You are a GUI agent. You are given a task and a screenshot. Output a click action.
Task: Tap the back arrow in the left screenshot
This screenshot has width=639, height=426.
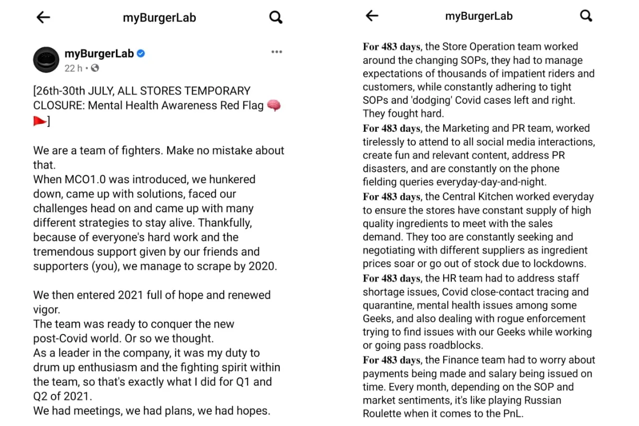tap(43, 17)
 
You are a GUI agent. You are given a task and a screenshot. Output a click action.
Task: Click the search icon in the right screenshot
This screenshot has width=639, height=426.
tap(586, 16)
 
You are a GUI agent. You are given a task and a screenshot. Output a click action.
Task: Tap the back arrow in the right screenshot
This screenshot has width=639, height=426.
tap(372, 16)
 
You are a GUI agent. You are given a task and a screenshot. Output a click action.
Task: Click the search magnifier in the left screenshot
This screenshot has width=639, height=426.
tap(276, 17)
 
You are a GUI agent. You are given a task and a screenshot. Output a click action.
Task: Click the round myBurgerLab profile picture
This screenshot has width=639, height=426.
tap(46, 60)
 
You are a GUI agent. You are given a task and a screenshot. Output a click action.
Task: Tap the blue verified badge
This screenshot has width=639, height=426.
tap(141, 53)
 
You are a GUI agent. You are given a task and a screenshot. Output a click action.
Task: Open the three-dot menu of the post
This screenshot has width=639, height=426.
tap(277, 52)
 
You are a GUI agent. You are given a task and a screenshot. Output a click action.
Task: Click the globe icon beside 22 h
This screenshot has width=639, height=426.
tap(95, 68)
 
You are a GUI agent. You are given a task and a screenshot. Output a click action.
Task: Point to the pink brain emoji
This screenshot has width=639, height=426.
tap(274, 105)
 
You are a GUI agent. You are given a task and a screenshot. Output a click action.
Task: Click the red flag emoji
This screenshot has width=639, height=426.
tap(39, 120)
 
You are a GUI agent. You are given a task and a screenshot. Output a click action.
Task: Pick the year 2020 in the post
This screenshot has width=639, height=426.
tap(262, 266)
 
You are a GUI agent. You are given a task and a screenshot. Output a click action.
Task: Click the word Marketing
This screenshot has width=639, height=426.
tap(466, 128)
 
